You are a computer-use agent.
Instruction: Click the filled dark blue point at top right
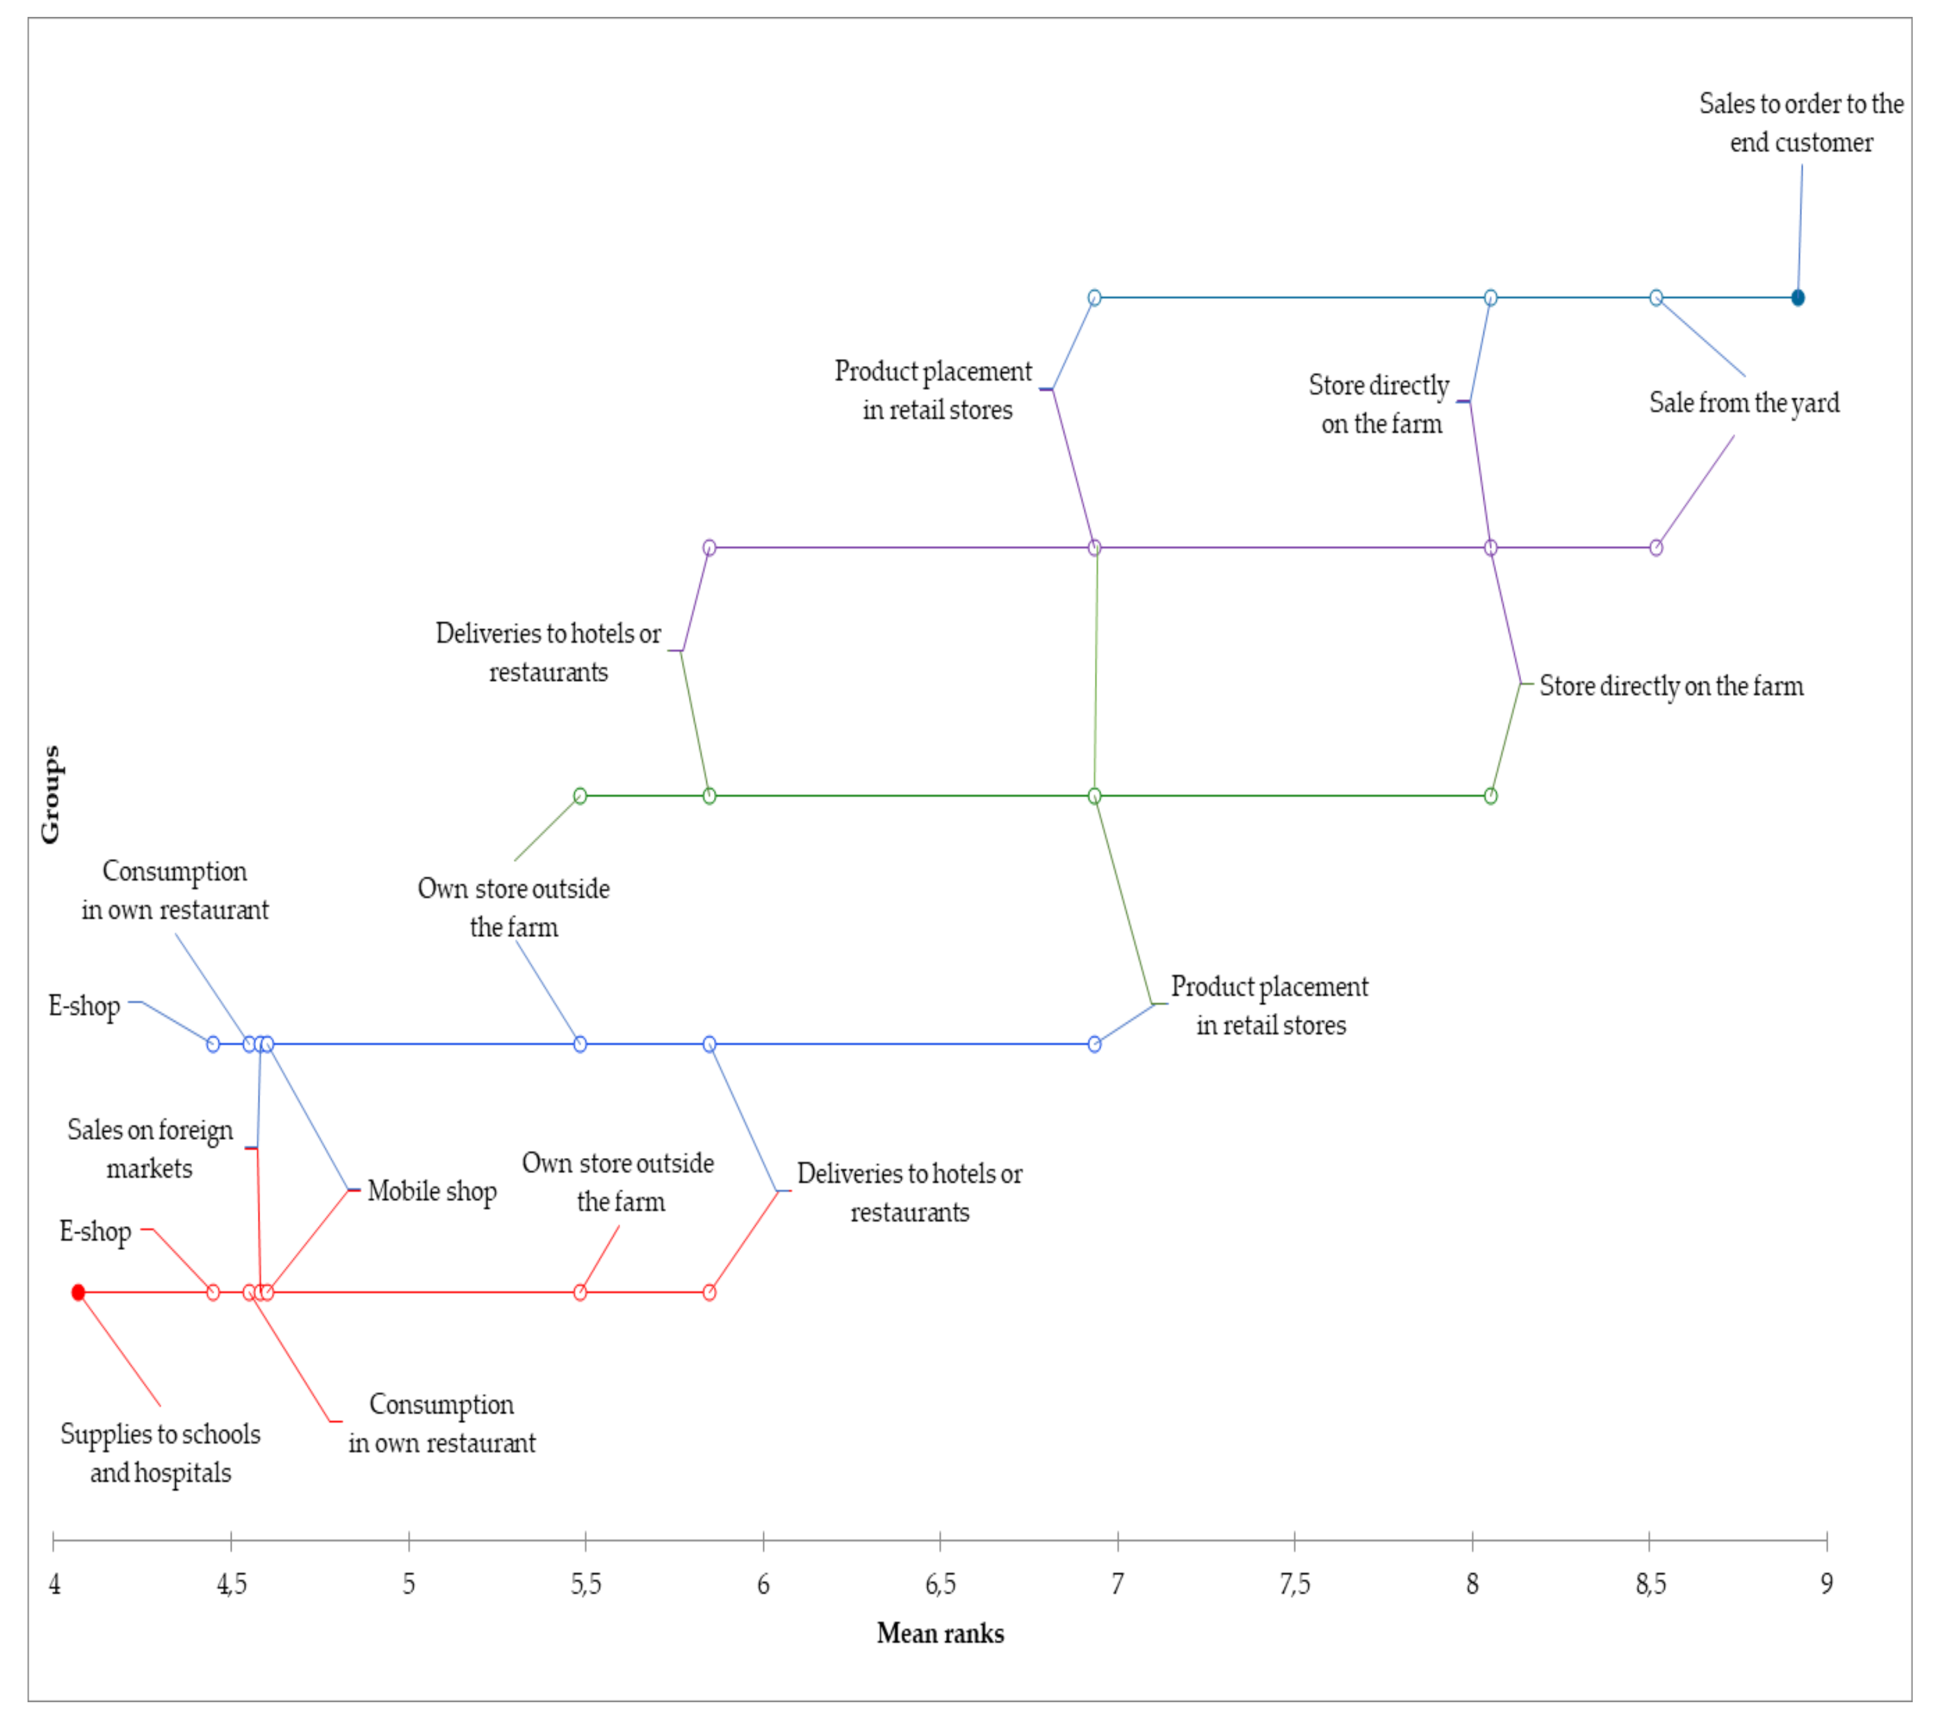point(1797,298)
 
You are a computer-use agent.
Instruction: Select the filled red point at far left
point(78,1292)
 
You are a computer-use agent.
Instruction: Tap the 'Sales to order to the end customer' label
point(1801,123)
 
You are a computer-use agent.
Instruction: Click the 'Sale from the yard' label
point(1744,404)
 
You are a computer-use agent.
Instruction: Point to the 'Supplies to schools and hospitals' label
point(160,1453)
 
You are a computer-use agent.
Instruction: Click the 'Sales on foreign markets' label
point(150,1149)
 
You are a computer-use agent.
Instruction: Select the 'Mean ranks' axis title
point(940,1633)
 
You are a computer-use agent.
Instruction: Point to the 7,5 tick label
point(1294,1583)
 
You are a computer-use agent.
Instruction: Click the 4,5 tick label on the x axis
point(231,1583)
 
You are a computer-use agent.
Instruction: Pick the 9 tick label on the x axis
point(1826,1583)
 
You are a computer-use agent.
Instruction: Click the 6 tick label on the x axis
point(763,1583)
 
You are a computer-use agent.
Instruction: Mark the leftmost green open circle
point(580,796)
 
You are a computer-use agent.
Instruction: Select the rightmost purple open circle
point(1656,548)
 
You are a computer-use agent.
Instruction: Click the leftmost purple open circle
point(709,548)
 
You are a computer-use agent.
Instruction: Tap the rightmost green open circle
point(1490,796)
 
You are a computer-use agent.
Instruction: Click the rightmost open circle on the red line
point(709,1292)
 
